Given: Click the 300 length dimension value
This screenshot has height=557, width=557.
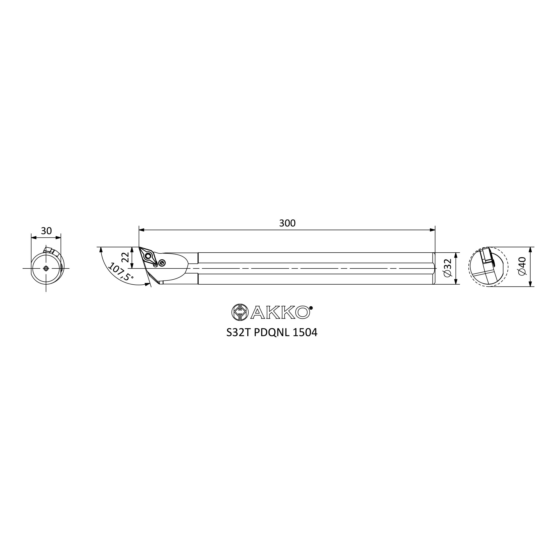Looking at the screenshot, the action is [x=287, y=223].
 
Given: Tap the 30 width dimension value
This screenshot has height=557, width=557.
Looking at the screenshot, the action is [x=46, y=231].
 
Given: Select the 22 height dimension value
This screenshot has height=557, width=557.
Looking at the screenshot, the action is [x=125, y=257].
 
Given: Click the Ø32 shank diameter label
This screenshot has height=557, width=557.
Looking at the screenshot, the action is [x=448, y=268].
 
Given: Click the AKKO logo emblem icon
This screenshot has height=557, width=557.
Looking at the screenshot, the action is [x=240, y=312].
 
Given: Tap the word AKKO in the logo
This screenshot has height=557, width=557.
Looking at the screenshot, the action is [x=280, y=312].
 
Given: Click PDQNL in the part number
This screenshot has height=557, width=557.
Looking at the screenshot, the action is [x=272, y=333].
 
